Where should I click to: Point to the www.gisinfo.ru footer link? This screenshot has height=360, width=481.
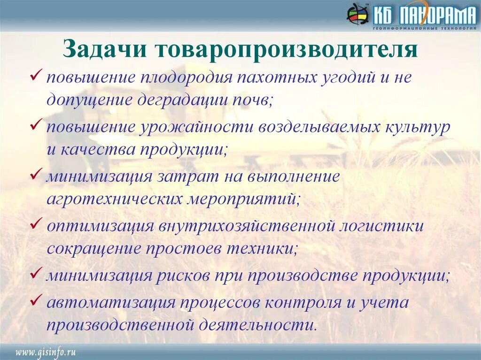(x=46, y=352)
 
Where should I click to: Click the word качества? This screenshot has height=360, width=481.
(x=97, y=151)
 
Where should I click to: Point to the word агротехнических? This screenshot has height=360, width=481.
(x=114, y=199)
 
